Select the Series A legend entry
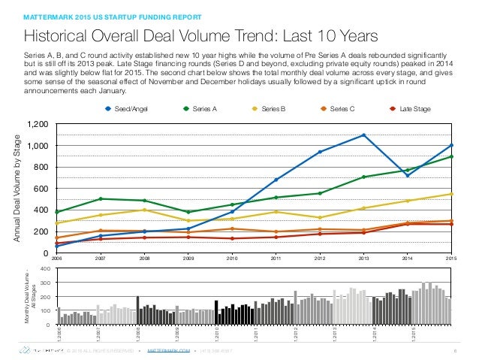(199, 109)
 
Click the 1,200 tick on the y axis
(37, 124)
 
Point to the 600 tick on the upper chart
(41, 189)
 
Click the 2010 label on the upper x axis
(232, 257)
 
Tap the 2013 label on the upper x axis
(364, 257)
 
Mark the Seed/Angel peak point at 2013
(364, 135)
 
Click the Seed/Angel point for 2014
(408, 175)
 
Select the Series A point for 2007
(101, 199)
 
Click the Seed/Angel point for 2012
(320, 152)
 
